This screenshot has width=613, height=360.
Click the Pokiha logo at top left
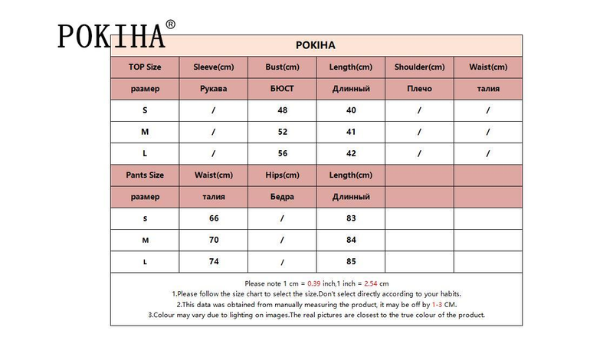click(x=111, y=35)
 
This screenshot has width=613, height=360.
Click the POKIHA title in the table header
click(x=316, y=45)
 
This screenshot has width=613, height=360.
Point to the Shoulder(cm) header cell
click(x=419, y=67)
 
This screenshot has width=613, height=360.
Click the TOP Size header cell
click(x=145, y=67)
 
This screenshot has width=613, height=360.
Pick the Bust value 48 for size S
click(x=282, y=110)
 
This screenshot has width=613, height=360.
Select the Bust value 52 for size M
click(x=282, y=132)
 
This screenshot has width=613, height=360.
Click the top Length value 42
click(x=350, y=153)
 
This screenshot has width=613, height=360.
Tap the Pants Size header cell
click(x=145, y=175)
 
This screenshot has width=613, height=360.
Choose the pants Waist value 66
click(x=214, y=218)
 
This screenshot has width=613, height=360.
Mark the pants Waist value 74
click(x=214, y=261)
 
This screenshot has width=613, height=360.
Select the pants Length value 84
click(x=350, y=240)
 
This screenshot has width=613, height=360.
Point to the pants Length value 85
click(x=350, y=261)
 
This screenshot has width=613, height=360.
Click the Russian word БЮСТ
click(x=282, y=89)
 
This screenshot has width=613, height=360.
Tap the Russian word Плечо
click(x=419, y=89)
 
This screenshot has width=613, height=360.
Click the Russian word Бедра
click(x=282, y=197)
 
